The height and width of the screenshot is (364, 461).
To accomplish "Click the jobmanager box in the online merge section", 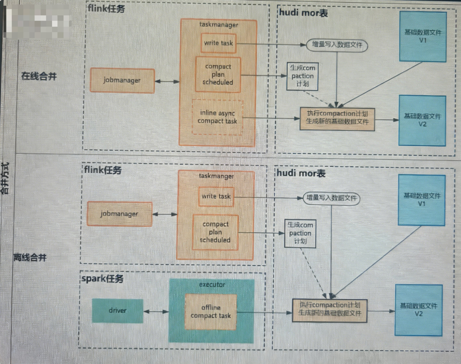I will (x=122, y=80).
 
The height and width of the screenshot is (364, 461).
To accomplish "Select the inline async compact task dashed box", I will (x=217, y=117).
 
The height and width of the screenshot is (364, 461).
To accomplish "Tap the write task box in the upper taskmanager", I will (x=218, y=43).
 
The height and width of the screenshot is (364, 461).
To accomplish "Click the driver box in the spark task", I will (x=117, y=311).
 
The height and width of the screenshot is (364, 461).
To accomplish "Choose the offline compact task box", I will (x=211, y=311).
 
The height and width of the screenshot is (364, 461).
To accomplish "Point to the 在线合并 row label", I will (x=39, y=76).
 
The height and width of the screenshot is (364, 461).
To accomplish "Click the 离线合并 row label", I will (x=30, y=258).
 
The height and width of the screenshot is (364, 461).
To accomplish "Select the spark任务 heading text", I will (x=102, y=279).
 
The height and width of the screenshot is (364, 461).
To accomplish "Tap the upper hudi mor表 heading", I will (x=303, y=13).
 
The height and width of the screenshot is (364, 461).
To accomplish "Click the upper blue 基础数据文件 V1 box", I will (x=422, y=37).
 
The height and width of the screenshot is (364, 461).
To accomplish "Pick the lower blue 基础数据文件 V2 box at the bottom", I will (x=418, y=310).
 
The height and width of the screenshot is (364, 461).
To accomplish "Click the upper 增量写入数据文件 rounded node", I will (x=337, y=45).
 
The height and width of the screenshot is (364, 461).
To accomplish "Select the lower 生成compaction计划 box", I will (x=300, y=233).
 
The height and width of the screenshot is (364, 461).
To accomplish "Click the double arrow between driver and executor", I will (x=156, y=311).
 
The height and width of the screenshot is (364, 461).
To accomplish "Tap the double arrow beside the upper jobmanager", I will (x=167, y=81).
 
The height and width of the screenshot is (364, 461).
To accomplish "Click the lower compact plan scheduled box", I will (x=215, y=232).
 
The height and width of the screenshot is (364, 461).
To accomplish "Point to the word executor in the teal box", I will (x=212, y=285).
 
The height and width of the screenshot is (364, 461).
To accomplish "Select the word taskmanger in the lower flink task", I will (x=216, y=176).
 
